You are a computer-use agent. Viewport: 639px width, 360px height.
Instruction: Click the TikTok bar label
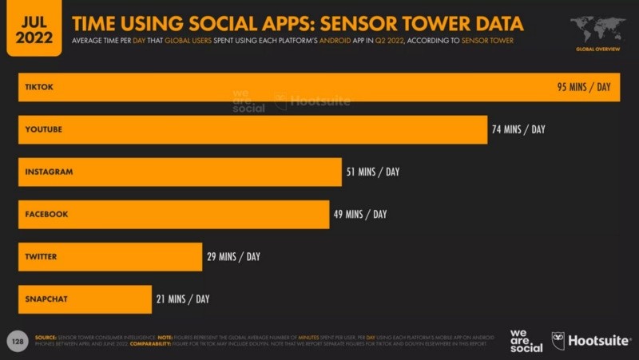click(39, 87)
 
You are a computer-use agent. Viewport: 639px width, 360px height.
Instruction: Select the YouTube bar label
click(43, 129)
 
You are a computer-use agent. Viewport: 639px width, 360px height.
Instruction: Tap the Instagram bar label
click(49, 172)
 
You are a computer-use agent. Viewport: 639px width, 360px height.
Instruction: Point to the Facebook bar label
click(46, 214)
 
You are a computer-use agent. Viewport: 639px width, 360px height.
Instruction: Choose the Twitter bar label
click(41, 256)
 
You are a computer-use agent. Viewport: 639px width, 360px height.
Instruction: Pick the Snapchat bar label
click(46, 299)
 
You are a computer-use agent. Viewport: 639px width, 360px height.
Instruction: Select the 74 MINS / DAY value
click(518, 129)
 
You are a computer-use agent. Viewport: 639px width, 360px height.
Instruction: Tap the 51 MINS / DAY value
click(372, 172)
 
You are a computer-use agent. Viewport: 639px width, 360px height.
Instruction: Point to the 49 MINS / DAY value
click(359, 214)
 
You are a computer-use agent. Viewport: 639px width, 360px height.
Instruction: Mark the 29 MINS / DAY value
click(233, 256)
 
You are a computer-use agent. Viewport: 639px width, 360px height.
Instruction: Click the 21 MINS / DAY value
click(183, 299)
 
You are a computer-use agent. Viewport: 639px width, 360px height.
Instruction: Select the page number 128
click(17, 341)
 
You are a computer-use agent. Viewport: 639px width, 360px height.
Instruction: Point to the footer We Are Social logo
click(526, 341)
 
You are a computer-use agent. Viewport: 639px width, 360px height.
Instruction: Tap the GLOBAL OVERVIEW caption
click(597, 49)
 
